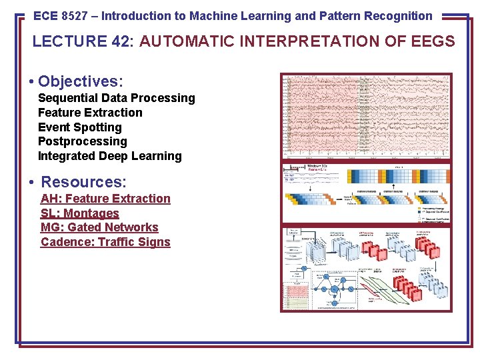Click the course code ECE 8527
(61, 16)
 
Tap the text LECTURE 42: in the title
(84, 42)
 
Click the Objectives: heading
(81, 81)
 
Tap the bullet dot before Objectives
(31, 82)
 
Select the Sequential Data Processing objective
(117, 98)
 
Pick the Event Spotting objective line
(80, 127)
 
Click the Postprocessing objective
(82, 141)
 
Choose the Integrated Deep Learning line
(110, 156)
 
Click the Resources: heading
(84, 182)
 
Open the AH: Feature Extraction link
(105, 199)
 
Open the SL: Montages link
(79, 213)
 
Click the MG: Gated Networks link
(99, 227)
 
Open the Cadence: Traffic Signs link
(105, 242)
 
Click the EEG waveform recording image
(366, 117)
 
